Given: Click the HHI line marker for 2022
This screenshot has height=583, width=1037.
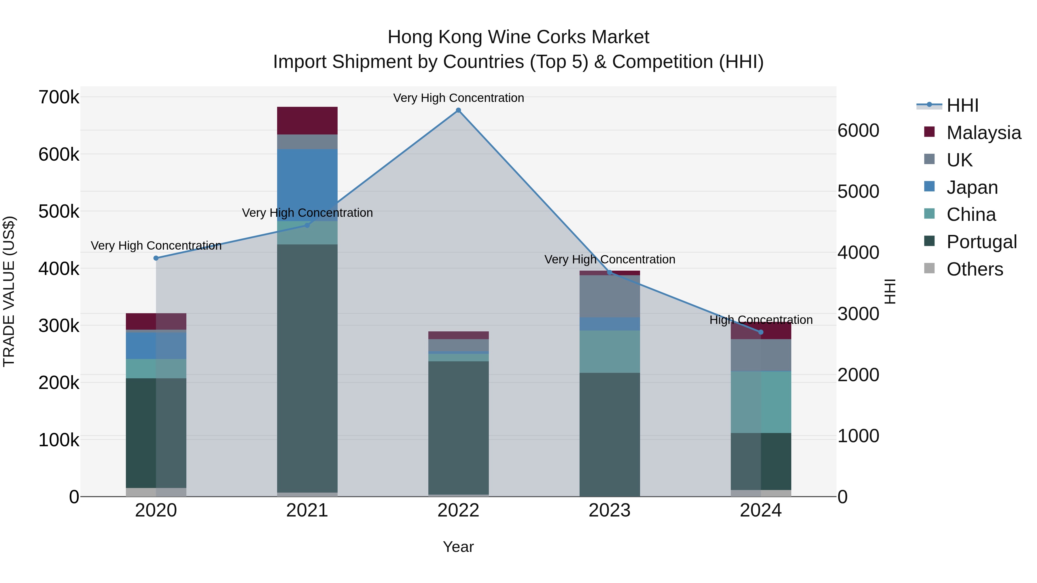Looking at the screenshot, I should tap(458, 110).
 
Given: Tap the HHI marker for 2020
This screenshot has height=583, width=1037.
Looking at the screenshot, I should tap(156, 258).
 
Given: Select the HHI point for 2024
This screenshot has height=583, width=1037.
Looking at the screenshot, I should tap(761, 332).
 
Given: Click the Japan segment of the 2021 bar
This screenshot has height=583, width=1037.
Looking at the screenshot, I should tap(307, 185).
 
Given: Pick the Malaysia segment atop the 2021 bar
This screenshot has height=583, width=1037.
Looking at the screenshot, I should tap(307, 121).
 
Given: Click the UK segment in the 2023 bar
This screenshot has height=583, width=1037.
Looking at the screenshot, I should tap(610, 296).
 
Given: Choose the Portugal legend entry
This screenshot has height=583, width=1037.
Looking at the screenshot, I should tap(981, 242).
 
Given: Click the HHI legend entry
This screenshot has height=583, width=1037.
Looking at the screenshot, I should tap(962, 105).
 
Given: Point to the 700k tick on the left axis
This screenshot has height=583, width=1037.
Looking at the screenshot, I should tap(59, 97).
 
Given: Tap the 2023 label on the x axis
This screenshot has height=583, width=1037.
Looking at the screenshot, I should tap(610, 510).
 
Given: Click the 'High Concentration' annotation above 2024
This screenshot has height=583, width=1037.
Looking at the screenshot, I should tap(761, 320).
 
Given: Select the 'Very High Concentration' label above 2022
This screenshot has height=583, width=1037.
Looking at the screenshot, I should tap(458, 98).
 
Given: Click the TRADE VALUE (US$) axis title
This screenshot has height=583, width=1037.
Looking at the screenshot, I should tap(9, 291).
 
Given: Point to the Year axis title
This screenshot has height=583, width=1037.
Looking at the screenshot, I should tap(458, 547).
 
